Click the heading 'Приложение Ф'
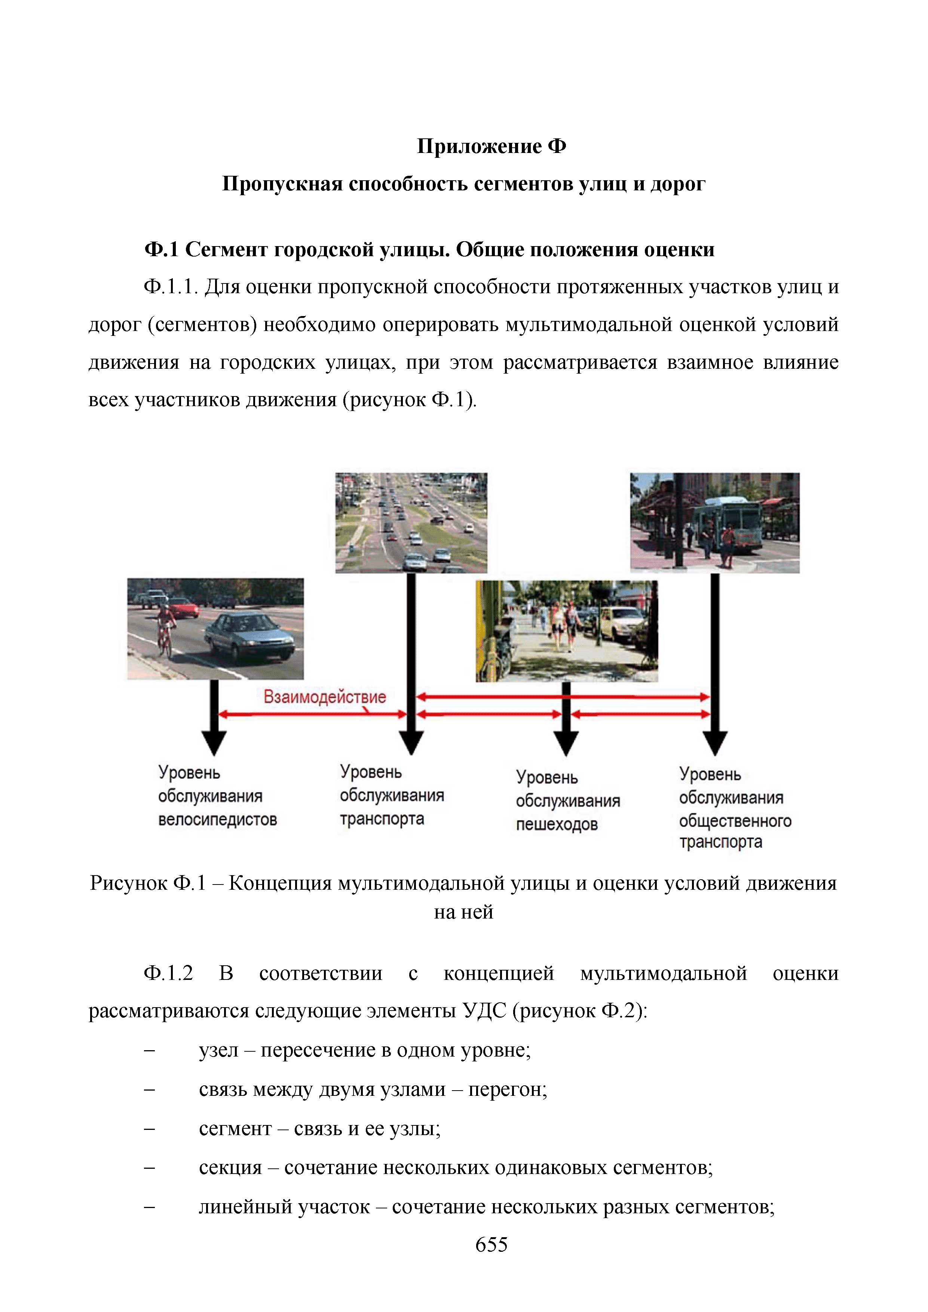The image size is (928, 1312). coord(491,146)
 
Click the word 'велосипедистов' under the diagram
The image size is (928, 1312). coord(217,819)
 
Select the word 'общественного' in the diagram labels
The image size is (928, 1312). coord(735,821)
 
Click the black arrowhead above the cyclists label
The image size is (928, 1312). coord(214,742)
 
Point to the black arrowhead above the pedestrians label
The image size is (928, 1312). coord(566,742)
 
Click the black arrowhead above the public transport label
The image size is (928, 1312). coord(715,742)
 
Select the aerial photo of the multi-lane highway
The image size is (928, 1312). coord(411,522)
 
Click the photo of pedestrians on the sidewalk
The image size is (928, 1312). coord(566,631)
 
